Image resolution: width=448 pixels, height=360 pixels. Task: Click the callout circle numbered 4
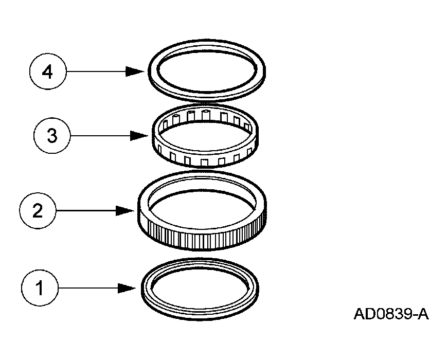47,72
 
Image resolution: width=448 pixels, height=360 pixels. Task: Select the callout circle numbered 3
51,136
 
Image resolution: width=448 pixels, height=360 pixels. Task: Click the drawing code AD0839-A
390,314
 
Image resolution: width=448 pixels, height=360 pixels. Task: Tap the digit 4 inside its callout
47,72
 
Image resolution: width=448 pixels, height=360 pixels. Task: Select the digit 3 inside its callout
51,136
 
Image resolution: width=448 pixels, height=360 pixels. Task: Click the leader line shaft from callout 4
95,72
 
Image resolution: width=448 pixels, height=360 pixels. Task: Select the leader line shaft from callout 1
87,288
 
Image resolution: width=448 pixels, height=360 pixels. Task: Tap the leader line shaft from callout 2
85,211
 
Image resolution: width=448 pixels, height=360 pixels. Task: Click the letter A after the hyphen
422,314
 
